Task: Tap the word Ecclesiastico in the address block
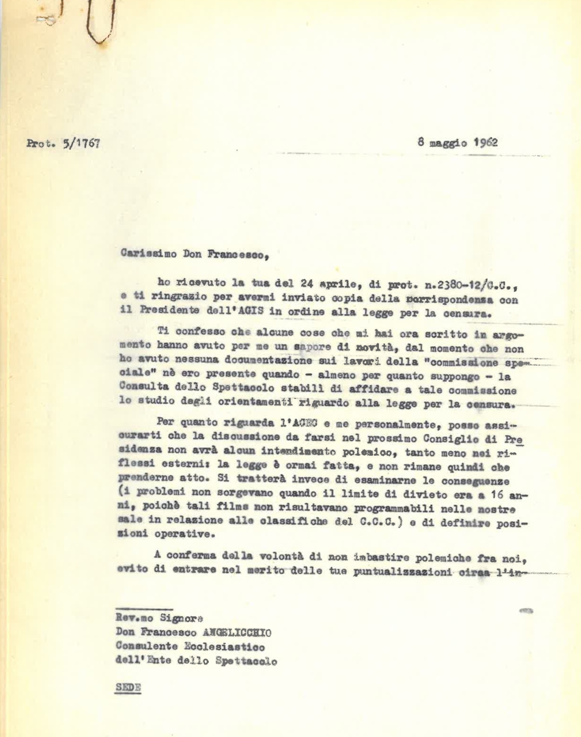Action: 222,646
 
